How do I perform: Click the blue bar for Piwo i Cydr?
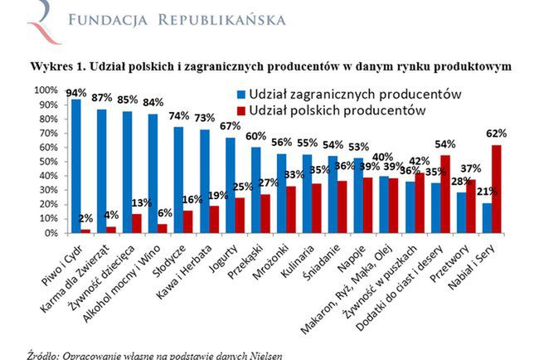coord(76,166)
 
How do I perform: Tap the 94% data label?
coord(76,92)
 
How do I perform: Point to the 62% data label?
coord(496,133)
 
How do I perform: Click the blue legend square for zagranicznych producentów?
coord(240,95)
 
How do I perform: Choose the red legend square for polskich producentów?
coord(240,110)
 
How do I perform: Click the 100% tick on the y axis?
coord(46,90)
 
